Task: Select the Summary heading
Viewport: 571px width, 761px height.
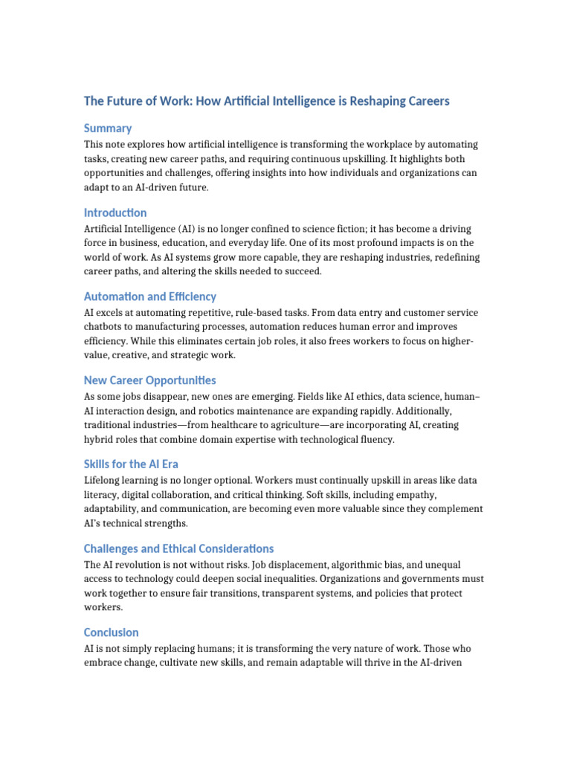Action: click(x=108, y=128)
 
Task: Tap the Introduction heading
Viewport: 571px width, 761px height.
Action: click(x=115, y=213)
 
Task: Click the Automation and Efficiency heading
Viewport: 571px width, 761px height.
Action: click(x=150, y=297)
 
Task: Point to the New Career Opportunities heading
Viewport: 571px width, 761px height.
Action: click(x=150, y=380)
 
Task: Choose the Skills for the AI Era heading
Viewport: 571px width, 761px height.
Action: click(x=131, y=464)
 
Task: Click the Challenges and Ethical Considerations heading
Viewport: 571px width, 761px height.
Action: click(x=178, y=548)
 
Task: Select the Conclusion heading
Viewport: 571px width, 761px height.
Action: click(x=112, y=632)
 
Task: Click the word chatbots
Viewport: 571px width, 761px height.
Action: click(x=103, y=327)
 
